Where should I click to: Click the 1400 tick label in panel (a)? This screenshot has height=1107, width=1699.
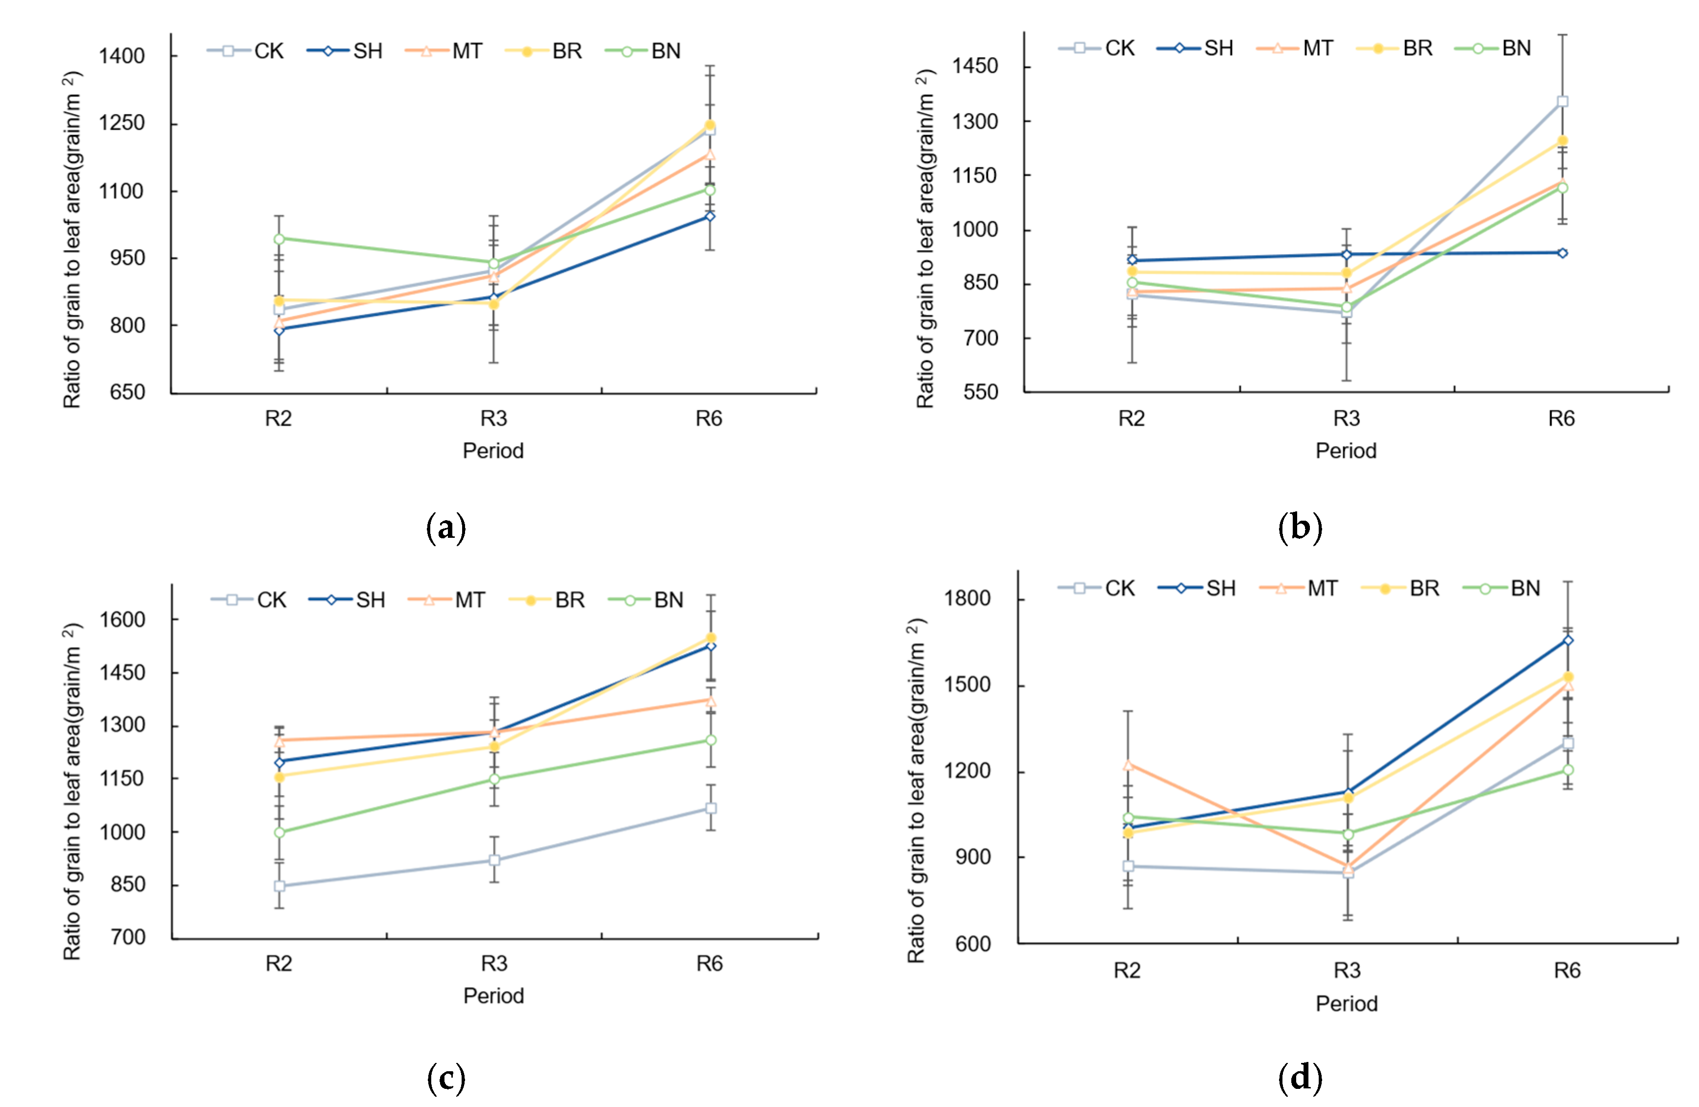(x=122, y=56)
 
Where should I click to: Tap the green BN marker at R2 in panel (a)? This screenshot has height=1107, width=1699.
(x=279, y=239)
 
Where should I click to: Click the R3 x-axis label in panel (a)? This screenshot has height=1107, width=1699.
(x=493, y=419)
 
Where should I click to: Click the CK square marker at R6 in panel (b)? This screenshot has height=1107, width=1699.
(x=1562, y=102)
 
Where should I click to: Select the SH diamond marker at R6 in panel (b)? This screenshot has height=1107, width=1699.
(x=1562, y=253)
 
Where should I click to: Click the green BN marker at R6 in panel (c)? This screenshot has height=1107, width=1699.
(x=710, y=740)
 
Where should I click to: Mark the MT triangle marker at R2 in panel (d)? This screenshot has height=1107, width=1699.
(x=1128, y=765)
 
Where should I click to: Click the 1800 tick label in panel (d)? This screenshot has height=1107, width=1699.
(x=967, y=598)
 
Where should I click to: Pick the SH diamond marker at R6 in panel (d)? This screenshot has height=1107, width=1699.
(x=1568, y=641)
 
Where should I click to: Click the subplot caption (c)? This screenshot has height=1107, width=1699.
(x=446, y=1078)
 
